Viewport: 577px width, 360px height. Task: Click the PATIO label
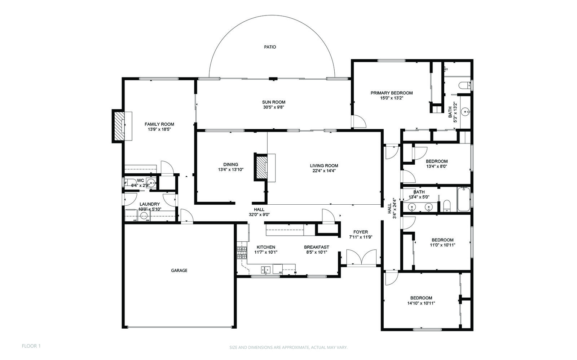270,47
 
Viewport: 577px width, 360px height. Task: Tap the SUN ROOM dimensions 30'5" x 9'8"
274,107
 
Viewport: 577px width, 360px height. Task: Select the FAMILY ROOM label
159,124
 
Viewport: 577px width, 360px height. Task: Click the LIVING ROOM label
324,166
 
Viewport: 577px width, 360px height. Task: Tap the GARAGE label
179,270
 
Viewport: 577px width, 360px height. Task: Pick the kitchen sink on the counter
266,270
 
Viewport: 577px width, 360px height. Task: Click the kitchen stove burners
242,253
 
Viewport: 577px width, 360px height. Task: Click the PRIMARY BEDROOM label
392,93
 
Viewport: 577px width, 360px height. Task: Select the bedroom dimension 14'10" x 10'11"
421,303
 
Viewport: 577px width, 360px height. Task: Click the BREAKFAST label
316,247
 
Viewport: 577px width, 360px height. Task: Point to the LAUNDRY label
149,204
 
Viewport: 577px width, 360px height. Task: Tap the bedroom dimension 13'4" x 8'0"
436,166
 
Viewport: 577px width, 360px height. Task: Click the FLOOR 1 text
31,346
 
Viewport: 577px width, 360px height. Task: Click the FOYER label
360,232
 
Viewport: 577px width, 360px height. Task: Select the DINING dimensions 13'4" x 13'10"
231,169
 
